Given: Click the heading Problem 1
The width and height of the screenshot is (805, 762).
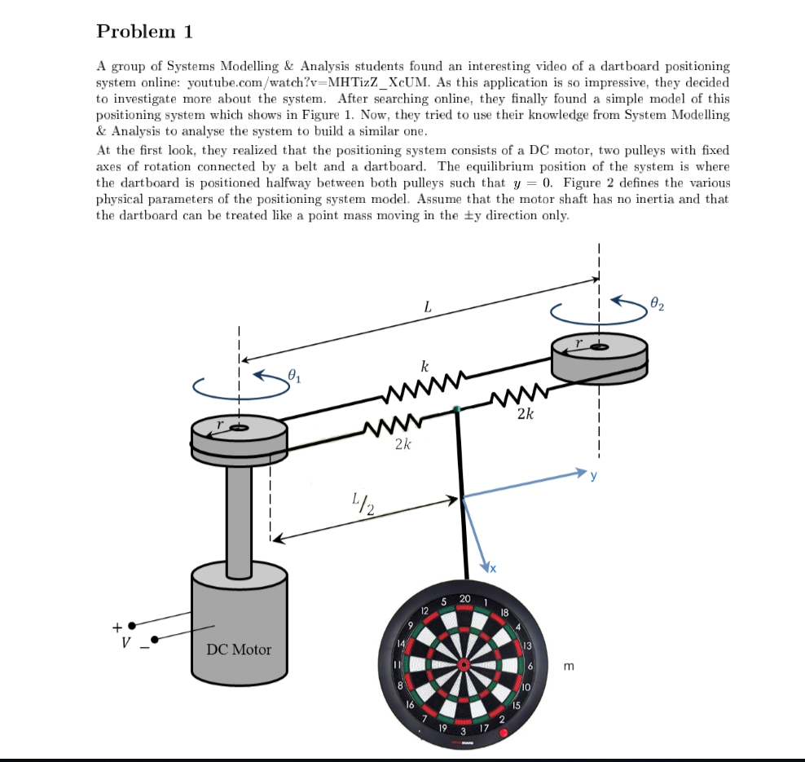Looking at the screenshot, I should coord(145,32).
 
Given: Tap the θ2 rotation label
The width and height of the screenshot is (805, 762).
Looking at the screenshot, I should coord(658,306).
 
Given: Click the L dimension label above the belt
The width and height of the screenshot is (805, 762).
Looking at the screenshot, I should coord(427,307).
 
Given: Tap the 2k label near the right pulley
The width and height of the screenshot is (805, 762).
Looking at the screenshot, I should coord(526,414).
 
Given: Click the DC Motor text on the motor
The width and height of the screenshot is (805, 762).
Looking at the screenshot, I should coord(239,650).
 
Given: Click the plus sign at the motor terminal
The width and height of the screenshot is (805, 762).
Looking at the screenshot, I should coord(117,627).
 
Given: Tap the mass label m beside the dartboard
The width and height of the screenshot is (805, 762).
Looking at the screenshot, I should coord(568,667).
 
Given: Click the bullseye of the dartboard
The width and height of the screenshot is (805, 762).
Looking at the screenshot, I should coord(464,664).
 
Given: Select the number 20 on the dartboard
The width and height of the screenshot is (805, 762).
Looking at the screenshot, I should coord(464,598).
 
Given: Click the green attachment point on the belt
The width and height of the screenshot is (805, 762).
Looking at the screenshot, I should coord(458,408).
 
